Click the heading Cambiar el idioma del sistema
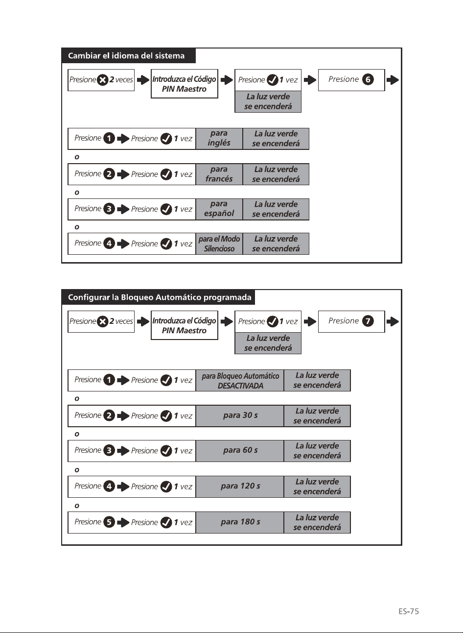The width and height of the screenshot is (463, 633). pos(126,56)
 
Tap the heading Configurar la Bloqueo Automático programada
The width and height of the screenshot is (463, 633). pos(160,297)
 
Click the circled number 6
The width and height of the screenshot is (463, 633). pos(368,79)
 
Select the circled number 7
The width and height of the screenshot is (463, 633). pos(368,321)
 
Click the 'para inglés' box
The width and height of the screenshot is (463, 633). pos(219,139)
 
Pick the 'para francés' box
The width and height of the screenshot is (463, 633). pos(219,174)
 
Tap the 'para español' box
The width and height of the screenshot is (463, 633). pos(219,209)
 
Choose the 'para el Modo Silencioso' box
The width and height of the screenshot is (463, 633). pos(219,243)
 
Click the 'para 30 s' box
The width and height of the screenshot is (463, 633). pos(240,415)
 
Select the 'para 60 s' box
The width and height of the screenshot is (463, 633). pos(240,451)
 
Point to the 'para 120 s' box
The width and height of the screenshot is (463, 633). pos(240,487)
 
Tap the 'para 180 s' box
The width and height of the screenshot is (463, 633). pos(240,522)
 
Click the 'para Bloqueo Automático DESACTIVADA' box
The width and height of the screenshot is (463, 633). pos(240,380)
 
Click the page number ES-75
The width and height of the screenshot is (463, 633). pos(409,611)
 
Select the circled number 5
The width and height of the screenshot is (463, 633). pos(109,522)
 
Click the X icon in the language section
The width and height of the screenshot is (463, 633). pos(103,80)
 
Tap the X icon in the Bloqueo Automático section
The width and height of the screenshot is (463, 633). pos(103,321)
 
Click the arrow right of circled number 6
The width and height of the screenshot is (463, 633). pos(393,80)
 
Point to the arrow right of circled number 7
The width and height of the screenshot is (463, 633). pos(393,321)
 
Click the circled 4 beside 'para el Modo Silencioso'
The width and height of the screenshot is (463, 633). pos(109,243)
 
